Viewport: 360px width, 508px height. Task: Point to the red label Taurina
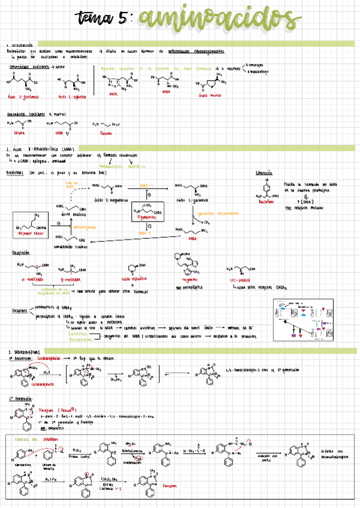click(x=106, y=133)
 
